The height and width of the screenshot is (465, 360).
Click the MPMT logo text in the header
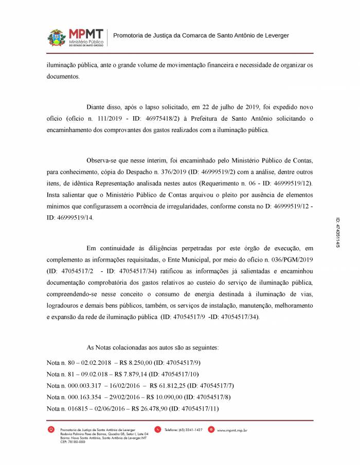pos(86,33)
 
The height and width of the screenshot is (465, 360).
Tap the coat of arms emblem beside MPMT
pos(57,38)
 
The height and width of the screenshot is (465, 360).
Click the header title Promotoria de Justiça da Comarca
pos(201,35)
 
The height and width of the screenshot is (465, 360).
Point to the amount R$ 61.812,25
pos(164,385)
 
